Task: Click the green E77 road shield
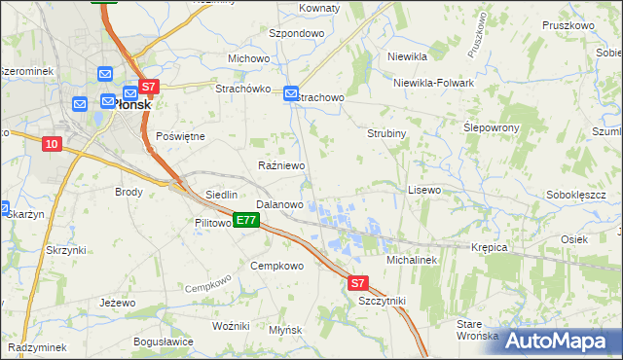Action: (x=246, y=221)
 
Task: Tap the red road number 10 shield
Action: (x=53, y=144)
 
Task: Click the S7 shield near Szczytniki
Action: (x=358, y=283)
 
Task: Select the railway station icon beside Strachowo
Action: (x=291, y=93)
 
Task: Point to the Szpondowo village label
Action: (x=296, y=33)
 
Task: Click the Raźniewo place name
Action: (x=282, y=166)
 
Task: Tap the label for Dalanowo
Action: (x=279, y=205)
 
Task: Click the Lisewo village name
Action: (x=424, y=190)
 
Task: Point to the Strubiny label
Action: (x=386, y=132)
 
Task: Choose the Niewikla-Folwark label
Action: (x=433, y=83)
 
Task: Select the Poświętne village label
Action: (x=180, y=136)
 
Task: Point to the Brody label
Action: (x=128, y=192)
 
